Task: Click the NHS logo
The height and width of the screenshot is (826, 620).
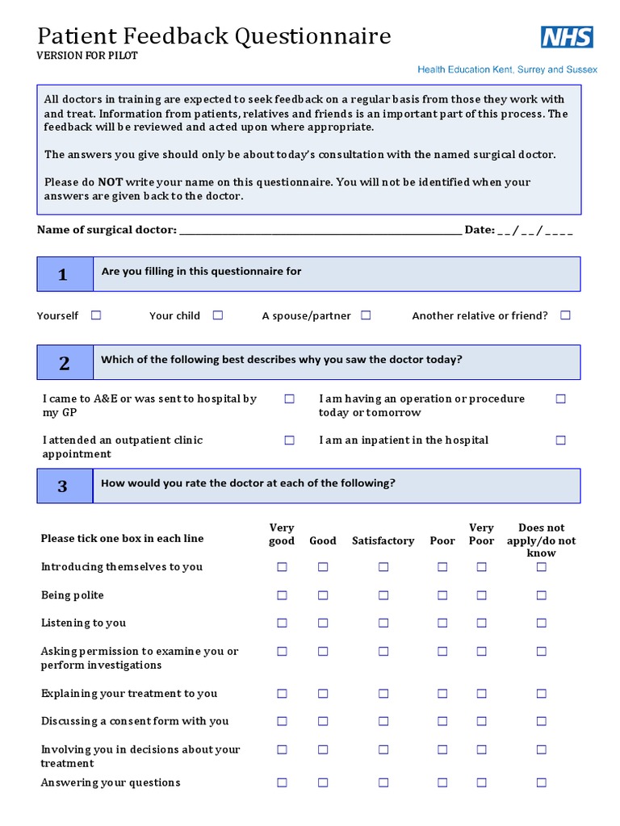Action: (567, 37)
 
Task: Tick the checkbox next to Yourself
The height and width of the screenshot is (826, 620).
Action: (96, 315)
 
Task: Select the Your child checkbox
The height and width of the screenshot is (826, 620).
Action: (218, 315)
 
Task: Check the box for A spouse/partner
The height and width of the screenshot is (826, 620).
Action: (366, 315)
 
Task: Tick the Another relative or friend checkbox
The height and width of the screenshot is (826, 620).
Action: (565, 315)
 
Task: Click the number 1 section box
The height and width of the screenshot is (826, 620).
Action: (64, 275)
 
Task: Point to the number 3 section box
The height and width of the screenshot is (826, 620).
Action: (64, 486)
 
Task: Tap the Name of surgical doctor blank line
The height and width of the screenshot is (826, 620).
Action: (320, 231)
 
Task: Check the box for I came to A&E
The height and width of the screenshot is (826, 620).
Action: (289, 398)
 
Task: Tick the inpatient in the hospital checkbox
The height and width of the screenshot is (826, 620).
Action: (561, 440)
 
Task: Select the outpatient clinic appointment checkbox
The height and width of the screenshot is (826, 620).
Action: (289, 440)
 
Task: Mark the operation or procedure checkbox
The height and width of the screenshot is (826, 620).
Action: (561, 398)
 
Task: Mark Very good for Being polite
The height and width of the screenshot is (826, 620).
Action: (282, 595)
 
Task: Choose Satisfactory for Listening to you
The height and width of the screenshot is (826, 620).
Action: (383, 623)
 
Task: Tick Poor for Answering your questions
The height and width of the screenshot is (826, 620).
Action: (442, 782)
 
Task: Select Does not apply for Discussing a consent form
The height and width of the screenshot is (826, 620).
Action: (542, 721)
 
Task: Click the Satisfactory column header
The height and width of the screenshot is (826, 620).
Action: (383, 541)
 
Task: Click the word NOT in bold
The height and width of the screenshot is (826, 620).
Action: (111, 182)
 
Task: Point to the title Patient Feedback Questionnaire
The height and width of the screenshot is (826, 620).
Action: (215, 36)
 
